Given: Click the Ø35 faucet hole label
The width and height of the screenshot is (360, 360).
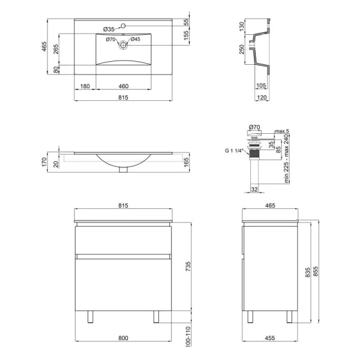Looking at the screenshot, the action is (x=109, y=29).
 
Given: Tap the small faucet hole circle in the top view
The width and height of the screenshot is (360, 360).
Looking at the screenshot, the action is (x=123, y=25).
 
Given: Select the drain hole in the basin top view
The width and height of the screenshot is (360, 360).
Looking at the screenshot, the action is (x=123, y=45).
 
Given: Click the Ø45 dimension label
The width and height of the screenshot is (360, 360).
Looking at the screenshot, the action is (x=136, y=39).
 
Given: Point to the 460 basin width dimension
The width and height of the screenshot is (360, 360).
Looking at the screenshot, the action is (x=124, y=86).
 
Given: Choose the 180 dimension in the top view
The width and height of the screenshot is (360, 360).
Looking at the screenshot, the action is (x=85, y=86).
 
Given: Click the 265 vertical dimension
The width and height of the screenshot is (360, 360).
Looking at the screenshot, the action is (x=56, y=49).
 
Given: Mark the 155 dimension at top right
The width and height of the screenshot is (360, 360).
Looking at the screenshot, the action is (x=187, y=35).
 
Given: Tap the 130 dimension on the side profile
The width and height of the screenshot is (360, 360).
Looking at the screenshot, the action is (x=242, y=26).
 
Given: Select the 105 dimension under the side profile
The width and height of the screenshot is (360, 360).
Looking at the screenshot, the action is (x=261, y=86).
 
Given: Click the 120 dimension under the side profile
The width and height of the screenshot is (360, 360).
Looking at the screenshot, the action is (x=262, y=98).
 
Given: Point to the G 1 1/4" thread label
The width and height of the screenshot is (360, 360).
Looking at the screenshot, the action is (x=233, y=151).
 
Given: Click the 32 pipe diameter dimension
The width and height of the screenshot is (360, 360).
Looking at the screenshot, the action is (x=254, y=190).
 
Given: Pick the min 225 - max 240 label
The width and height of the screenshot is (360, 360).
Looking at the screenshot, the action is (x=286, y=158).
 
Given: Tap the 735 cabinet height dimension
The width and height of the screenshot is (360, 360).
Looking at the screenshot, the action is (x=188, y=266).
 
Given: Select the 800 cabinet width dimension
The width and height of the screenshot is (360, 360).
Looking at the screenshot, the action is (x=123, y=338).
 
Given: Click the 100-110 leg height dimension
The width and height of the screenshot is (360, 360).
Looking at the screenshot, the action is (x=188, y=337).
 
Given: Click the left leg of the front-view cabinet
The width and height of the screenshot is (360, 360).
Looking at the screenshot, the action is (x=90, y=317).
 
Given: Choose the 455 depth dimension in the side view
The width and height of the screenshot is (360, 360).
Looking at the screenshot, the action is (x=270, y=338).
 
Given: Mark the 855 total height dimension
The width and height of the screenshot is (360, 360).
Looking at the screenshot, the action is (x=316, y=271).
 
